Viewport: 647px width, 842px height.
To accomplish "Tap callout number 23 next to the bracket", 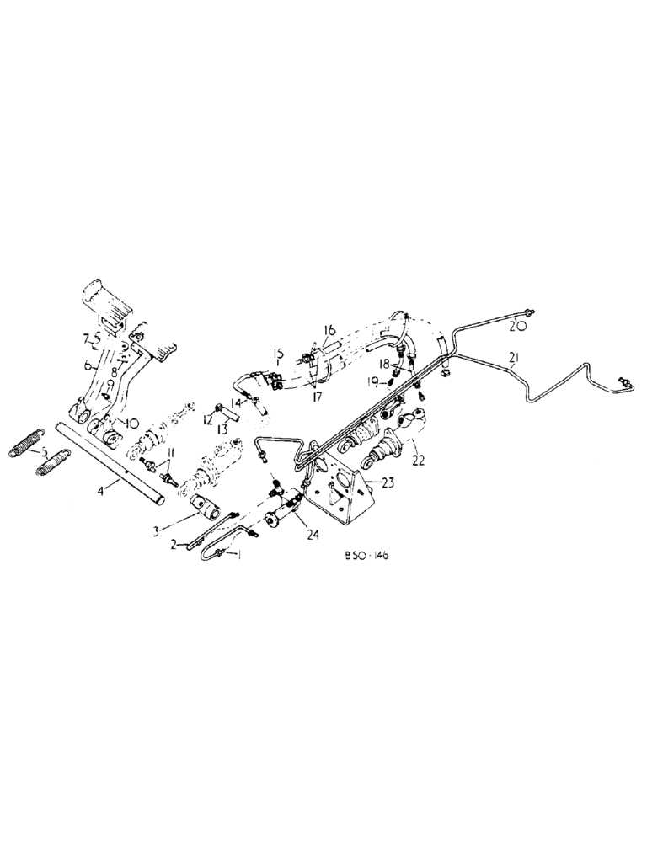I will pos(388,482).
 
